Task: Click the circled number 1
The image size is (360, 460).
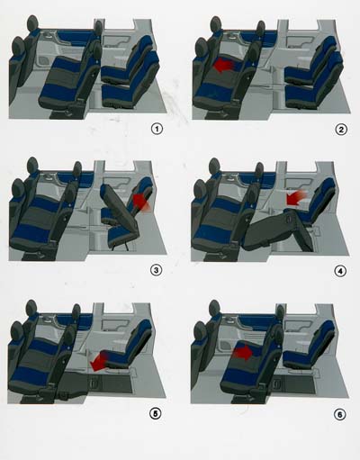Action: pos(157,130)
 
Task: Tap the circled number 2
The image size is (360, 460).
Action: pos(341,130)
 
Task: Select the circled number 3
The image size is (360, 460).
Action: pos(156,270)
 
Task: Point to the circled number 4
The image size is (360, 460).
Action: pos(340,271)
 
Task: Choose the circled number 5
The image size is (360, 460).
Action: pos(156,413)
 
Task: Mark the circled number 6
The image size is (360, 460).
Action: pos(340,415)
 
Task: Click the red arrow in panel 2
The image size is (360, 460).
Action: pos(225,66)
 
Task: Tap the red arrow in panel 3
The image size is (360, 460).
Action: pos(141,202)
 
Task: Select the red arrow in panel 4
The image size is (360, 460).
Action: pos(296,198)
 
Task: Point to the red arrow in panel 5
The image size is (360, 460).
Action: pos(99,362)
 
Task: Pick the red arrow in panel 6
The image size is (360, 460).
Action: pos(243,353)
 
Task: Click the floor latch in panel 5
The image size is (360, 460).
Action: pos(93,383)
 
